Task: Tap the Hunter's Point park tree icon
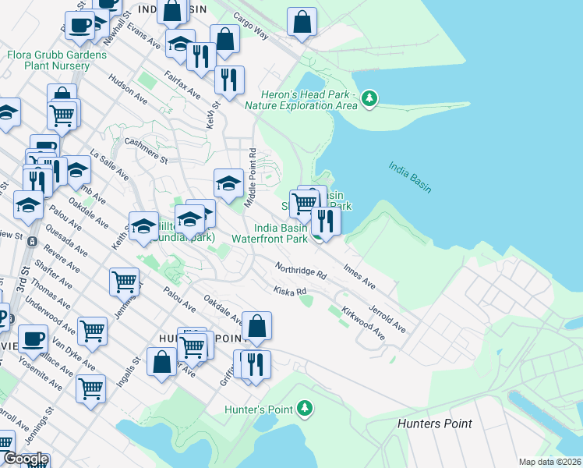coord(305,408)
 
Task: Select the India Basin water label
coord(410,177)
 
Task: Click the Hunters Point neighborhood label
coord(434,424)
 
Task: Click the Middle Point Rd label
coord(252,177)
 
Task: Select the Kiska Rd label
coord(290,292)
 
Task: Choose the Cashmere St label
coord(146,150)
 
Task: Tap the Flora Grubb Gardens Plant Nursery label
coord(56,61)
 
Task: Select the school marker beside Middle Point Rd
coord(228,184)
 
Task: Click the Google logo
coord(26,459)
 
